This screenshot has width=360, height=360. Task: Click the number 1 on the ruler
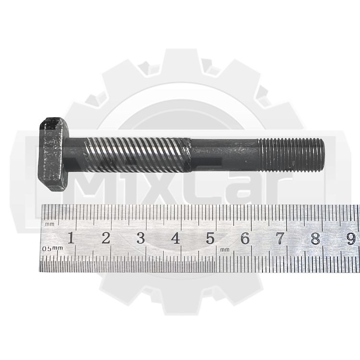pos(71,238)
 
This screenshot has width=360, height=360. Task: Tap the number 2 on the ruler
pos(106,238)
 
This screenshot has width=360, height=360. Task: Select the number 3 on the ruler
pos(141,238)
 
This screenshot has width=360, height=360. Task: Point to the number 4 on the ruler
pos(176,238)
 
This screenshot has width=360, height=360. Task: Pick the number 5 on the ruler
pos(210,238)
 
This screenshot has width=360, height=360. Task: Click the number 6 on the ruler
pos(245,238)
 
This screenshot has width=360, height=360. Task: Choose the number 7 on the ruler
pos(280,238)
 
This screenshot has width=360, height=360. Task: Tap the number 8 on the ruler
pos(315,238)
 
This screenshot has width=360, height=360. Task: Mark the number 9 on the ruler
pos(351,239)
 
